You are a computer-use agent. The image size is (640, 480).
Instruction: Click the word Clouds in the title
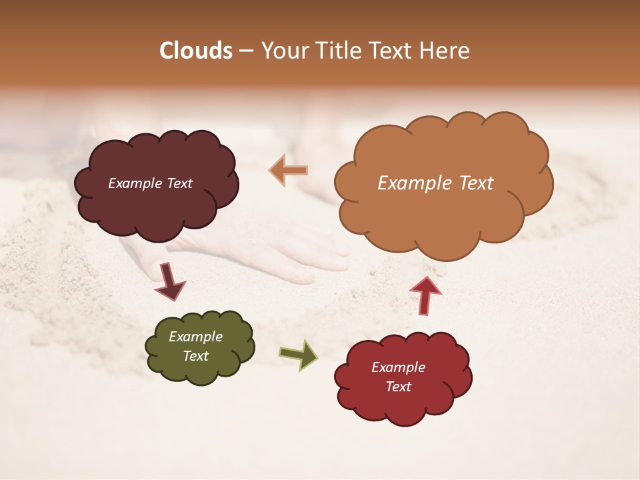coord(196,51)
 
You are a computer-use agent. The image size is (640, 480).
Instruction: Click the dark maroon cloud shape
coord(156,207)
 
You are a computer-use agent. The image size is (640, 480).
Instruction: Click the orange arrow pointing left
coord(289,171)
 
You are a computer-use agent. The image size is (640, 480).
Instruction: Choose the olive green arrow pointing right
coord(299,354)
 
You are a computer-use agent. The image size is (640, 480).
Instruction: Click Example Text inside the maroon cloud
coord(150,183)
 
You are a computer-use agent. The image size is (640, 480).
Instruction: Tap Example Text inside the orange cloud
coord(435,183)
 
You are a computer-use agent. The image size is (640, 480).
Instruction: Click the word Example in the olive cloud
coord(195,337)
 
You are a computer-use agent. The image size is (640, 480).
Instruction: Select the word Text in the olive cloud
coord(195,356)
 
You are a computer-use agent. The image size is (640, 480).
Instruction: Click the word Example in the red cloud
coord(398,367)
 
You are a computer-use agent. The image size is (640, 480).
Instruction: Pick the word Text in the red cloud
coord(398,387)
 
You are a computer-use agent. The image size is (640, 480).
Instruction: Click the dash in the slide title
coord(246,51)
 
